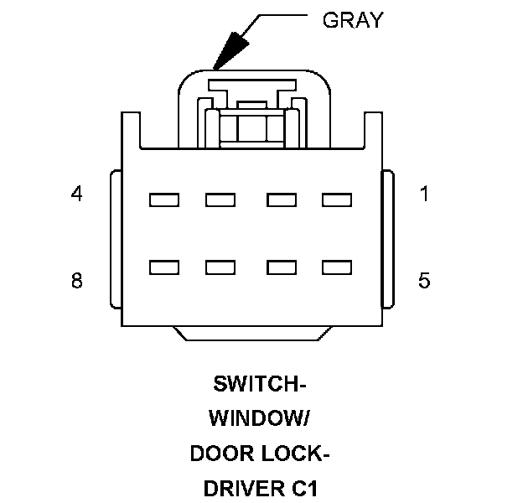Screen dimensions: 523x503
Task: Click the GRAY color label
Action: pyautogui.click(x=353, y=19)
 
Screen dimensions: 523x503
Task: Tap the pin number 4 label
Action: pyautogui.click(x=77, y=194)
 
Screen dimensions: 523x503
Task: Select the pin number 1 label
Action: pyautogui.click(x=424, y=194)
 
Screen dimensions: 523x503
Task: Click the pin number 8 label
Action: pyautogui.click(x=77, y=280)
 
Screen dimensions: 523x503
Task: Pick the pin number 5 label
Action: pyautogui.click(x=424, y=280)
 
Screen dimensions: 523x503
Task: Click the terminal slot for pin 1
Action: pyautogui.click(x=337, y=200)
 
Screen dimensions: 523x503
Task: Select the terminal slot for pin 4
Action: pyautogui.click(x=164, y=200)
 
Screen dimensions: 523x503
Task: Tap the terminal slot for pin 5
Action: pyautogui.click(x=337, y=267)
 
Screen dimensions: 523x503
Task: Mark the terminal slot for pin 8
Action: pyautogui.click(x=164, y=267)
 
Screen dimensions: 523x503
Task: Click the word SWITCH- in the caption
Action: pyautogui.click(x=260, y=384)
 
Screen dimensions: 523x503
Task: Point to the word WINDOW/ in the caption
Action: pyautogui.click(x=260, y=417)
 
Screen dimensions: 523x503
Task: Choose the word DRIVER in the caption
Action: pyautogui.click(x=244, y=488)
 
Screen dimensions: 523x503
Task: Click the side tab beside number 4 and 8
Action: pyautogui.click(x=116, y=239)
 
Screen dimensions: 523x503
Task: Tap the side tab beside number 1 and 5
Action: pyautogui.click(x=388, y=239)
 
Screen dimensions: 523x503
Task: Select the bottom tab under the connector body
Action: pyautogui.click(x=252, y=334)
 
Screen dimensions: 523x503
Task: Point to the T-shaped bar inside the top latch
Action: pyautogui.click(x=252, y=85)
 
